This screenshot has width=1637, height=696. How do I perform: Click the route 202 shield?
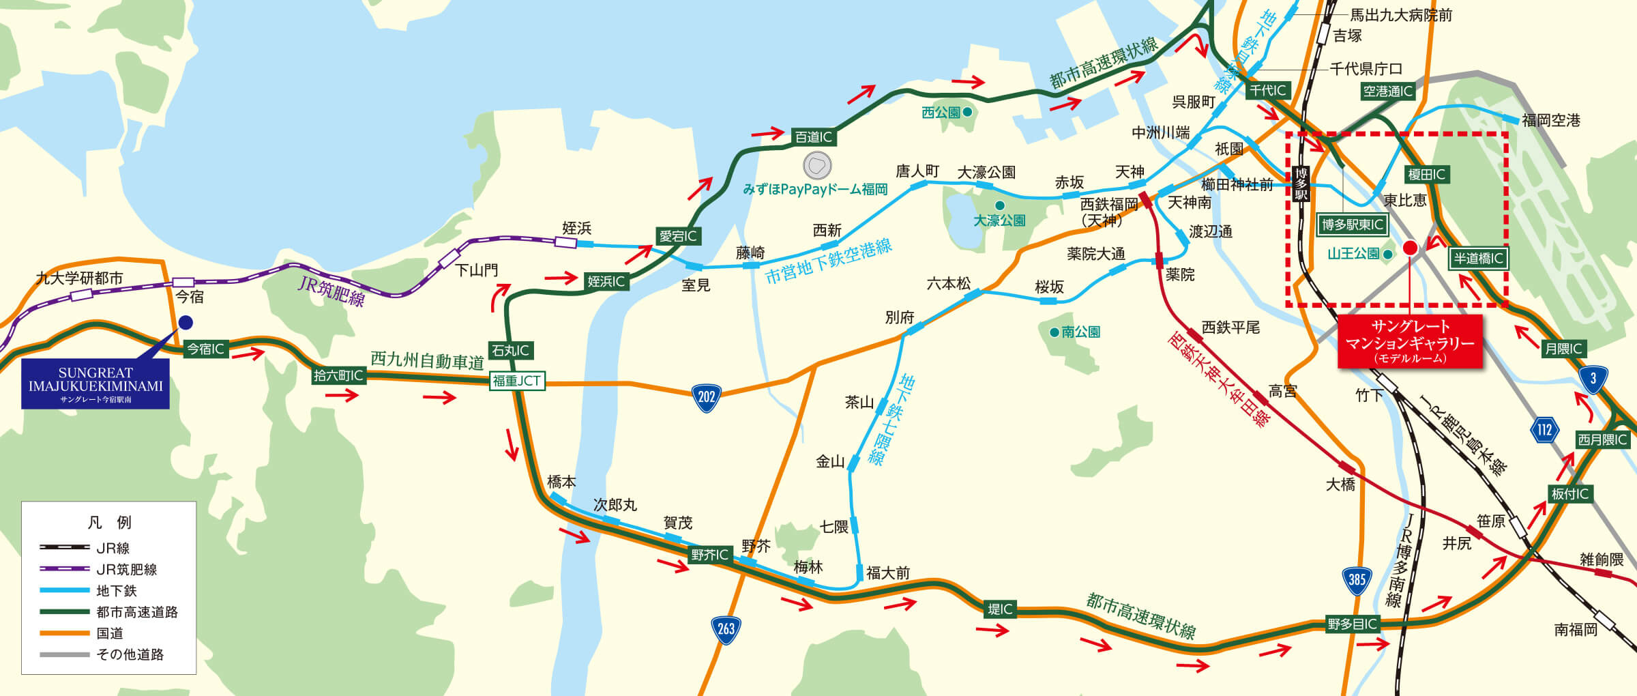(707, 397)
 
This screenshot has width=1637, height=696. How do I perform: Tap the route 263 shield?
(726, 628)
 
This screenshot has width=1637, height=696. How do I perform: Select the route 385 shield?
(1357, 580)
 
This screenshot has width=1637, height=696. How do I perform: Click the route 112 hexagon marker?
(1544, 430)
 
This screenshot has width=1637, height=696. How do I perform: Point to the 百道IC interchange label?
(814, 137)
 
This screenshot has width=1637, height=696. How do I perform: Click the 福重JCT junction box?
(517, 381)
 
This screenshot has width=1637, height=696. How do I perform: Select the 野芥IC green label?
(709, 555)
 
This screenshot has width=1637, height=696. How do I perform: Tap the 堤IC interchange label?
(1001, 609)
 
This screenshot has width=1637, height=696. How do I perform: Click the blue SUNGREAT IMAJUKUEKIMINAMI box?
(95, 384)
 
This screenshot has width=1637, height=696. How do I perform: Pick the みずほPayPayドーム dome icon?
(816, 165)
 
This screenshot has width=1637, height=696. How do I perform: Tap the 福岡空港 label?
(1551, 121)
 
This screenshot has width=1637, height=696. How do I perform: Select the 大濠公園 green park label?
(999, 220)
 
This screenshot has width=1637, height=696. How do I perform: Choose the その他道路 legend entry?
(130, 654)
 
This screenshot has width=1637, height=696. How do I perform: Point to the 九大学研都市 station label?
(79, 278)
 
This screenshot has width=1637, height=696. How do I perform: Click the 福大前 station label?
(887, 573)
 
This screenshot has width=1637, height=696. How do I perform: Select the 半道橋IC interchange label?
(1478, 259)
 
